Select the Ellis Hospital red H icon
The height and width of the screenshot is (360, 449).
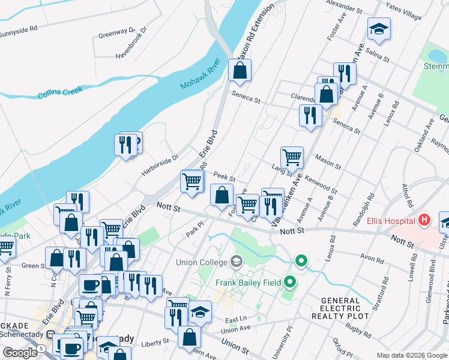click(x=425, y=220)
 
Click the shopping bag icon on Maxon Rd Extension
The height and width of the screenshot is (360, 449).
click(x=240, y=70)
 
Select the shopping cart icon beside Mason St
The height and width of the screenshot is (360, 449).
click(x=292, y=158)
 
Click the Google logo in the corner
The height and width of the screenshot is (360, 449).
click(x=20, y=353)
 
